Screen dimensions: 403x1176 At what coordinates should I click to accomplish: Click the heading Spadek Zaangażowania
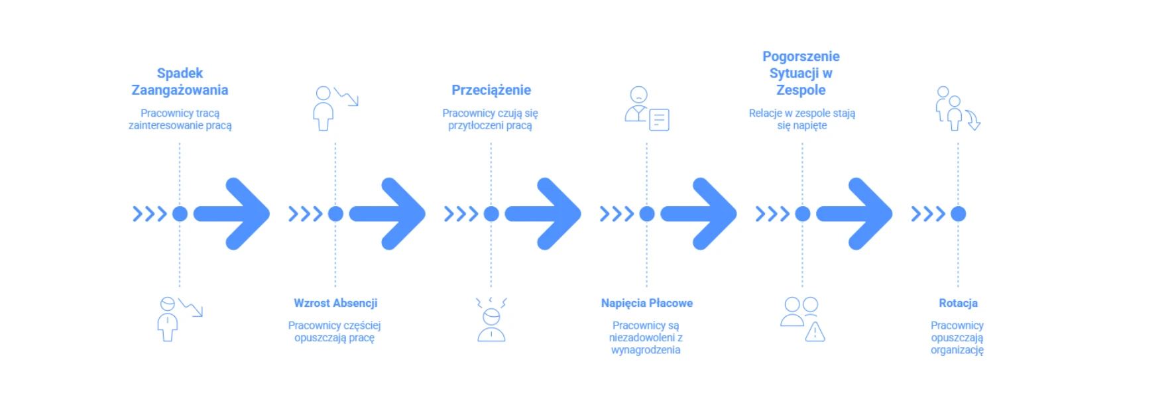(180, 82)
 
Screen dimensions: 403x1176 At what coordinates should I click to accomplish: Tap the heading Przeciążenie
(491, 90)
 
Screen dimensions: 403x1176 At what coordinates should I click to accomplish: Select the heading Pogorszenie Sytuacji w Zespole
(801, 73)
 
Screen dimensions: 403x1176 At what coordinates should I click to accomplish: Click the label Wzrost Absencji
(335, 303)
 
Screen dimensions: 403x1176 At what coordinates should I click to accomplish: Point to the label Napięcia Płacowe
(646, 303)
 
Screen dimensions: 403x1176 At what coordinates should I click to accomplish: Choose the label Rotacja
(958, 303)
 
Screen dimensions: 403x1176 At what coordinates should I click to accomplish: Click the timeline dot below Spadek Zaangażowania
(180, 213)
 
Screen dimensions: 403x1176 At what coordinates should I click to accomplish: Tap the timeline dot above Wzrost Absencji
(335, 213)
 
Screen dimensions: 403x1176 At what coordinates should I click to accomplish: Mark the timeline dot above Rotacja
(958, 213)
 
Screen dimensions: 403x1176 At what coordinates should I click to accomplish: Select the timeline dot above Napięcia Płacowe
(647, 213)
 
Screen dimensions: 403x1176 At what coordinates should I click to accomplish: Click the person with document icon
(646, 109)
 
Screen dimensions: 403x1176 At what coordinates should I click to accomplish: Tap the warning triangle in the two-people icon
(815, 331)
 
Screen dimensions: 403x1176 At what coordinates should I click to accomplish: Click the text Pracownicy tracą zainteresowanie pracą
(180, 119)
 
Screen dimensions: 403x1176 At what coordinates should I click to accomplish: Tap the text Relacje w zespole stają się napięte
(801, 119)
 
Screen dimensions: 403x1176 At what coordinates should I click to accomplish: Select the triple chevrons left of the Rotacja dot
(927, 213)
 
